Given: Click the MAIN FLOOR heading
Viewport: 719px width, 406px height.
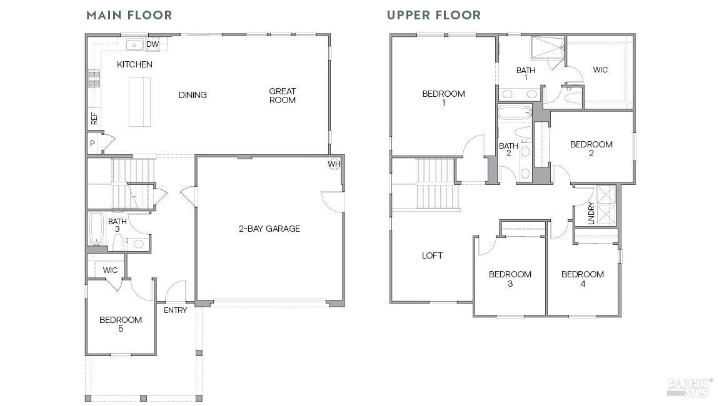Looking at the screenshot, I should coord(129,15).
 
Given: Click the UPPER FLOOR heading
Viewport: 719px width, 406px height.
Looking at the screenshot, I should coord(434,15).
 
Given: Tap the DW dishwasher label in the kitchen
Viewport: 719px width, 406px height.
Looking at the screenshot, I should coord(152,44).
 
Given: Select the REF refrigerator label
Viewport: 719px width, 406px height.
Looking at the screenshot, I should coord(94,118).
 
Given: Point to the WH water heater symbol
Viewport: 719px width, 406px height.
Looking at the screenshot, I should coord(334,164).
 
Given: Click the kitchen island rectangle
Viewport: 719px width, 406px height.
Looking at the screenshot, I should coord(140,101).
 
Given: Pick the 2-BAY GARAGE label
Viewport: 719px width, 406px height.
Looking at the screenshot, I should coord(269,229).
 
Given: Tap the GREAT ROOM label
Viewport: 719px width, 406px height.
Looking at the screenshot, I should coord(282,96).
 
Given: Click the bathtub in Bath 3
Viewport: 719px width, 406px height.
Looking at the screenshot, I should coord(96,229).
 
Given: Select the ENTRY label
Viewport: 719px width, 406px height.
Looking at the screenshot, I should coord(175,310).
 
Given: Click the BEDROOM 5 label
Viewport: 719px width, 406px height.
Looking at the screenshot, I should coord(120,324).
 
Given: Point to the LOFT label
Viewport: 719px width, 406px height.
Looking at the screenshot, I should coord(432,255).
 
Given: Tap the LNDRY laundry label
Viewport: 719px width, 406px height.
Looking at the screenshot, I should coord(591,214).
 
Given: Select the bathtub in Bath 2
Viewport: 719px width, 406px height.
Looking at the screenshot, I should coord(515,114).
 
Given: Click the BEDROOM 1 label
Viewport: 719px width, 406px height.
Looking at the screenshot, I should coord(443,98).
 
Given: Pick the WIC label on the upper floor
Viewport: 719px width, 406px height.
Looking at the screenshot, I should coord(600,70).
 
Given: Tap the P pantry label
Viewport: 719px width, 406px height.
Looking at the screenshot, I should coord(92,143).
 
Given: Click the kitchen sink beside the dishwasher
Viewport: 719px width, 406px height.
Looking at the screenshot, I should coord(134,44).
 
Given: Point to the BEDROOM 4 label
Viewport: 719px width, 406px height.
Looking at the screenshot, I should coord(582,279).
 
